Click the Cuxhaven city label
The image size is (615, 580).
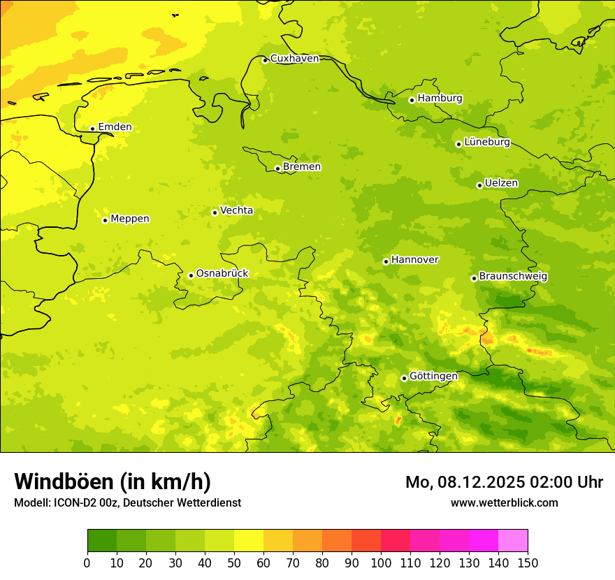(x=294, y=59)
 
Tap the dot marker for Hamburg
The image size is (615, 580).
(x=412, y=100)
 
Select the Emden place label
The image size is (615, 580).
(x=115, y=127)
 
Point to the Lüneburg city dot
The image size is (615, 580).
(x=458, y=144)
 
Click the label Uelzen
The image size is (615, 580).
(x=501, y=184)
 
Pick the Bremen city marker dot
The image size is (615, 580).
(x=277, y=168)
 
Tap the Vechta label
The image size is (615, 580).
(x=236, y=210)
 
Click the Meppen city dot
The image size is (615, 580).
(x=105, y=220)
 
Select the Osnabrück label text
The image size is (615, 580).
(x=222, y=274)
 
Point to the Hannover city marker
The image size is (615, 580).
(x=386, y=261)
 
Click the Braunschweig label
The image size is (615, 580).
(x=513, y=277)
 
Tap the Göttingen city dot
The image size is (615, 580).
(x=404, y=378)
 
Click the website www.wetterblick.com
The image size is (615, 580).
(x=504, y=503)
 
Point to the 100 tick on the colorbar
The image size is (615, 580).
(x=381, y=563)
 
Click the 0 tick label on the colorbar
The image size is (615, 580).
(x=87, y=563)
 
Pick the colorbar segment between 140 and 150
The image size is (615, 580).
(x=513, y=541)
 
